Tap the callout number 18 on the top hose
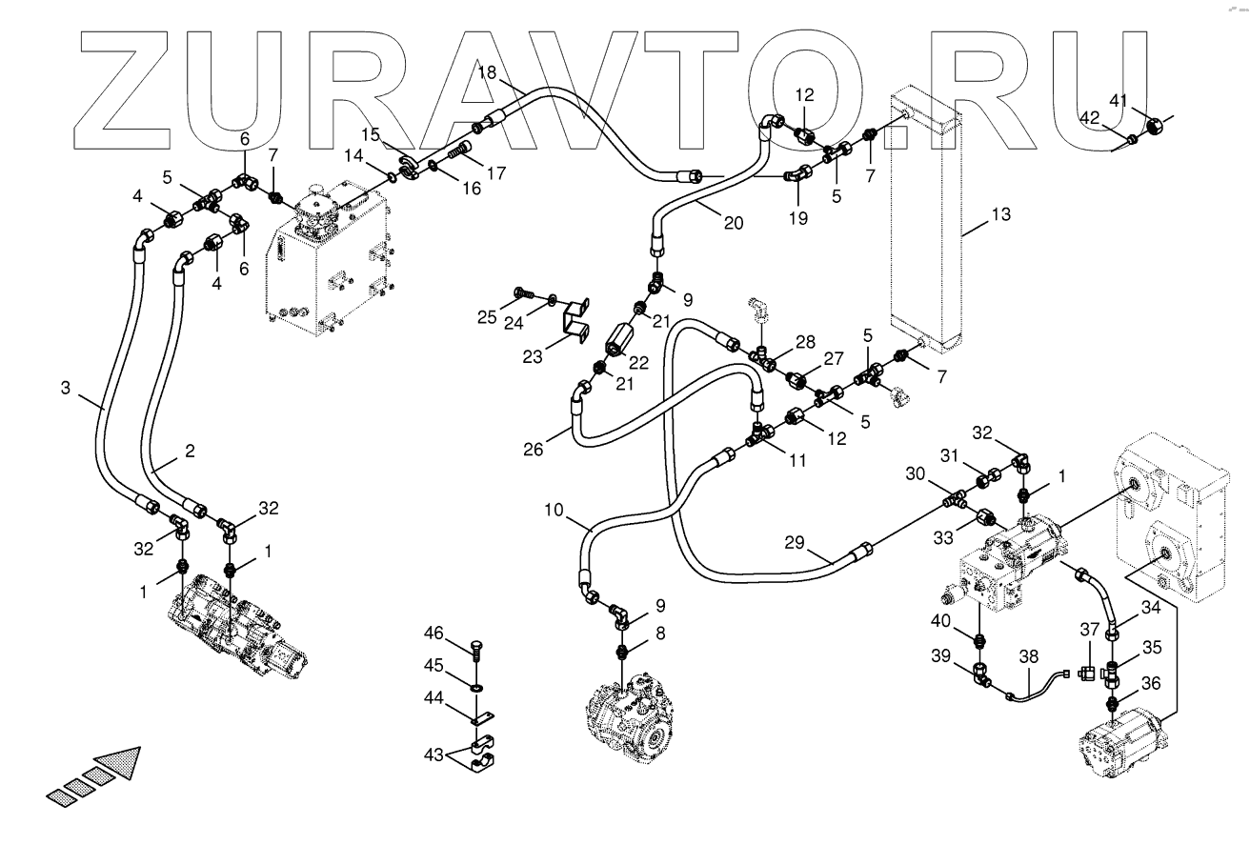[x=487, y=72]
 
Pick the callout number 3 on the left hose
[x=66, y=388]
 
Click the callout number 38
[x=1028, y=656]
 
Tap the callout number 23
[x=533, y=356]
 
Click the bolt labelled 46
[x=475, y=650]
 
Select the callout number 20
[x=733, y=225]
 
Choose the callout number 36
[x=1151, y=682]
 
